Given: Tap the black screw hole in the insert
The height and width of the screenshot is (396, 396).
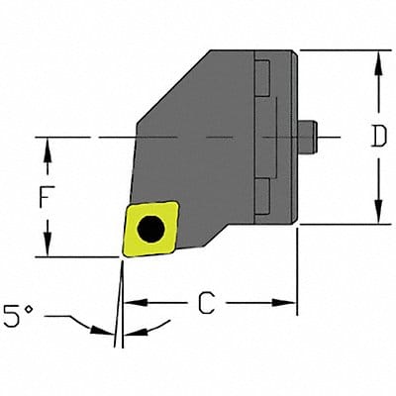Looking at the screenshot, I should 150,229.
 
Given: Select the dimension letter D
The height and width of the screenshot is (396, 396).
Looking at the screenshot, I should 377,138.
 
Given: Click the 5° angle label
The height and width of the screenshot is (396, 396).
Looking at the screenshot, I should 26,320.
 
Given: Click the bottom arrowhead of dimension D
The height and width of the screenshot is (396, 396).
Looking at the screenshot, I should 377,217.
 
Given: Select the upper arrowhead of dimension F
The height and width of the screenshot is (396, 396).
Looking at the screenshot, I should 46,144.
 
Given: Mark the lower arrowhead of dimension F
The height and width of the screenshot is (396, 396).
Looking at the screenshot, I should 46,250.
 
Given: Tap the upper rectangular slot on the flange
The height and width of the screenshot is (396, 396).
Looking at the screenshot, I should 262,77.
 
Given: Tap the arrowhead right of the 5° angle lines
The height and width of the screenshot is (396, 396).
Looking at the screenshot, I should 130,333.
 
